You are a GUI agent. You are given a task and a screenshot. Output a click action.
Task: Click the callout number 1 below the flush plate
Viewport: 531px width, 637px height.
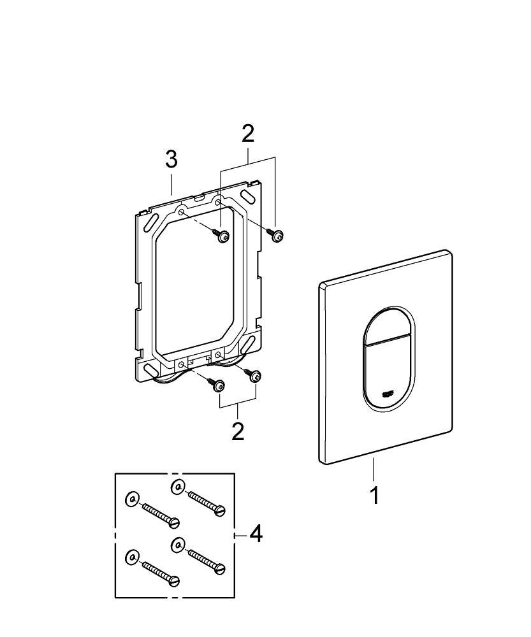point(375,494)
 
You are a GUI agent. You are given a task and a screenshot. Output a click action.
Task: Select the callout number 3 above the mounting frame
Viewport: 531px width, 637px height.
point(171,160)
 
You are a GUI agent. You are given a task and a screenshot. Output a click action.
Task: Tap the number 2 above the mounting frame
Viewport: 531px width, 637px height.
point(248,134)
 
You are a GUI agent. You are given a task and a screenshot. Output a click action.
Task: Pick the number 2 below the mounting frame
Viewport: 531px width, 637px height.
point(238,431)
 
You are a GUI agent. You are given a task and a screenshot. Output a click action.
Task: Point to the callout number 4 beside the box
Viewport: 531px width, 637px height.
point(255,534)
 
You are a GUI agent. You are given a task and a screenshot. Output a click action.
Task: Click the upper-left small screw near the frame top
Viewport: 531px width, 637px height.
point(223,236)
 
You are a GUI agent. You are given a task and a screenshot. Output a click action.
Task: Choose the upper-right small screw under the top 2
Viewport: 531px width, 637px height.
point(277,236)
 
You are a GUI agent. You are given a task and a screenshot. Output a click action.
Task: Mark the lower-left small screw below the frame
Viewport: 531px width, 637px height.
point(219,385)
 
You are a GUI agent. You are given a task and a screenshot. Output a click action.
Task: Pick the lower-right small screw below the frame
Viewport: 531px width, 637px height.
point(256,377)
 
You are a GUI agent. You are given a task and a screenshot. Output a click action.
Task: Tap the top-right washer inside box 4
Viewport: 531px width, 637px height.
point(178,487)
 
